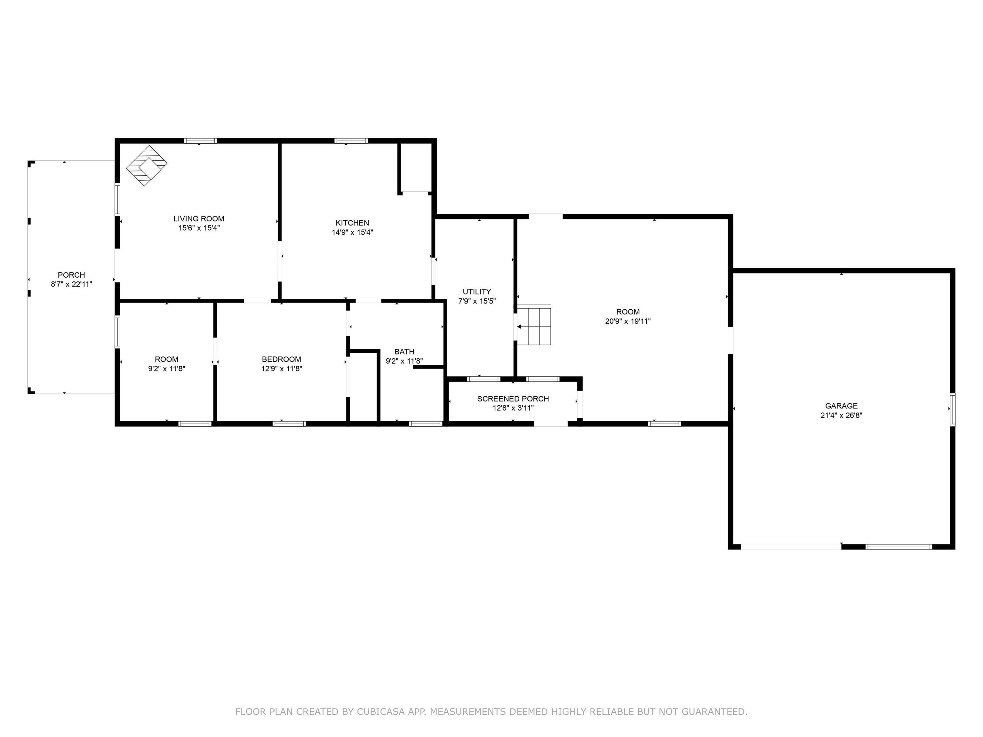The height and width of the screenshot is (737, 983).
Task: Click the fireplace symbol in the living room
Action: point(147,166)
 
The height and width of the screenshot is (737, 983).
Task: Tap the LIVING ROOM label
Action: point(199,218)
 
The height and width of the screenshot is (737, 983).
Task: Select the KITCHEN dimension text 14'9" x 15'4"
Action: point(352,232)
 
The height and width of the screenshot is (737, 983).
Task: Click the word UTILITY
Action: point(477,292)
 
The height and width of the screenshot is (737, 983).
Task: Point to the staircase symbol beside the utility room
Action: point(534,325)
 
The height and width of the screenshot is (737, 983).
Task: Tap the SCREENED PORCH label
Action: point(513,399)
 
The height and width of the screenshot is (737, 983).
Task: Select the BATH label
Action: point(404,352)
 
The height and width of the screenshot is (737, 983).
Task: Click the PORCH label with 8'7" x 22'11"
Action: point(71,275)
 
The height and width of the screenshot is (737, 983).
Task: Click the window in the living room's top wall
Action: point(200,141)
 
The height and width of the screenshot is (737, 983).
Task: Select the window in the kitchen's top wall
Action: point(351,141)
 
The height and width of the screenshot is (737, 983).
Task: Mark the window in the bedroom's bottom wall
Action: point(289,424)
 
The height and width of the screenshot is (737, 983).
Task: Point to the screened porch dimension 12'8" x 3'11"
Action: point(513,408)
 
